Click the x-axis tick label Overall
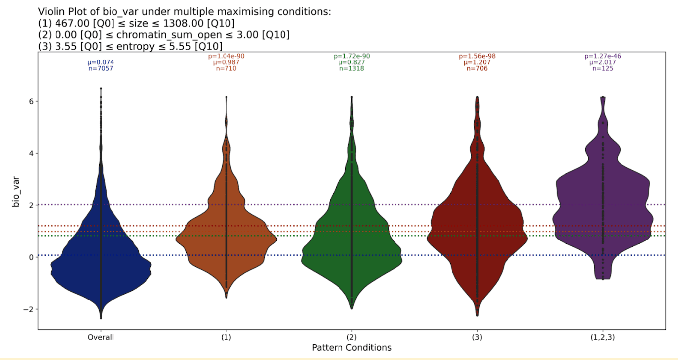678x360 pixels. coord(101,337)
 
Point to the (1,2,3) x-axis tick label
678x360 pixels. coord(603,337)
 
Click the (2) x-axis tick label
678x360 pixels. coord(352,337)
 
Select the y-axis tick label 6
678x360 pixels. coord(30,101)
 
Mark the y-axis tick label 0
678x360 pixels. coord(30,257)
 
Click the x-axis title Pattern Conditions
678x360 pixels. coord(351,348)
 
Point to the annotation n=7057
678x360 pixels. coord(101,69)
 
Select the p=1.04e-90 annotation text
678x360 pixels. coord(226,56)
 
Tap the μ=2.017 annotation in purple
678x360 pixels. coord(603,62)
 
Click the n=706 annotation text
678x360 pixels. coord(477,69)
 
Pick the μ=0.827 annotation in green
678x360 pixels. coord(352,62)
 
